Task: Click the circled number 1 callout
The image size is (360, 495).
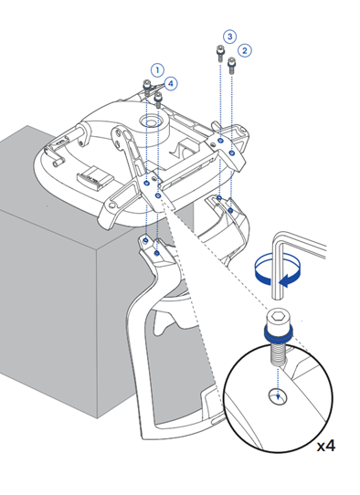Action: point(157,70)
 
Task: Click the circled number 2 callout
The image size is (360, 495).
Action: point(245,50)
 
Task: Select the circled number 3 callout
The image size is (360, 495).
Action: point(229,37)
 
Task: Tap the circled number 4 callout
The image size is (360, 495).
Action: point(171,84)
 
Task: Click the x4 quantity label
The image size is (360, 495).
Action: point(326,446)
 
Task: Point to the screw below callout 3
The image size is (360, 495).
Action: point(220,53)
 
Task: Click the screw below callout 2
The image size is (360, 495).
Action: point(232,65)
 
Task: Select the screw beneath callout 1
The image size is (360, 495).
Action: point(147,88)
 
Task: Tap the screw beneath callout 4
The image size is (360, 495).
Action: point(158,100)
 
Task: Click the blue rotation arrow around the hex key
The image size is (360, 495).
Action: point(277,279)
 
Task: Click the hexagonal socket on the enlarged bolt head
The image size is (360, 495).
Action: point(278,316)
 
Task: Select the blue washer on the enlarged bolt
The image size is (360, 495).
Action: point(278,334)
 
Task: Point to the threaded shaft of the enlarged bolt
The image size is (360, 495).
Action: point(278,353)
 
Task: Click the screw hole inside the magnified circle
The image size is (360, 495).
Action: point(278,396)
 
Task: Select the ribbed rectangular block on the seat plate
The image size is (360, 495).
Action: point(95,178)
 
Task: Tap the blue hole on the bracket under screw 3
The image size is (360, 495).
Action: point(220,140)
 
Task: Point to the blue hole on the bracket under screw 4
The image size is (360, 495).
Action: point(158,195)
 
